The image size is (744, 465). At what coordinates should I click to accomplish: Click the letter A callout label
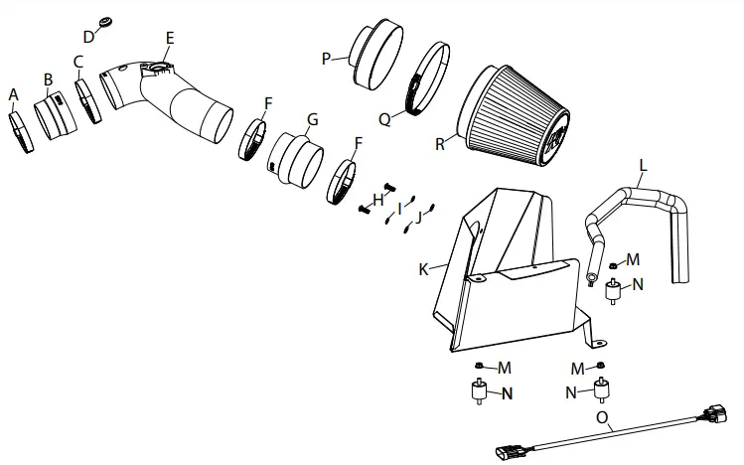pyautogui.click(x=14, y=94)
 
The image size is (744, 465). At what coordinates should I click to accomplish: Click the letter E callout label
pyautogui.click(x=170, y=39)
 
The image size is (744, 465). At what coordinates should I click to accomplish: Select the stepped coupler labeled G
pyautogui.click(x=294, y=159)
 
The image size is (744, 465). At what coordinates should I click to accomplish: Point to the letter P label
pyautogui.click(x=325, y=59)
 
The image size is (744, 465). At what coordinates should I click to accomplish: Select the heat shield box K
pyautogui.click(x=507, y=273)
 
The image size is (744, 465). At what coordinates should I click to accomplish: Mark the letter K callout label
pyautogui.click(x=424, y=269)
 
